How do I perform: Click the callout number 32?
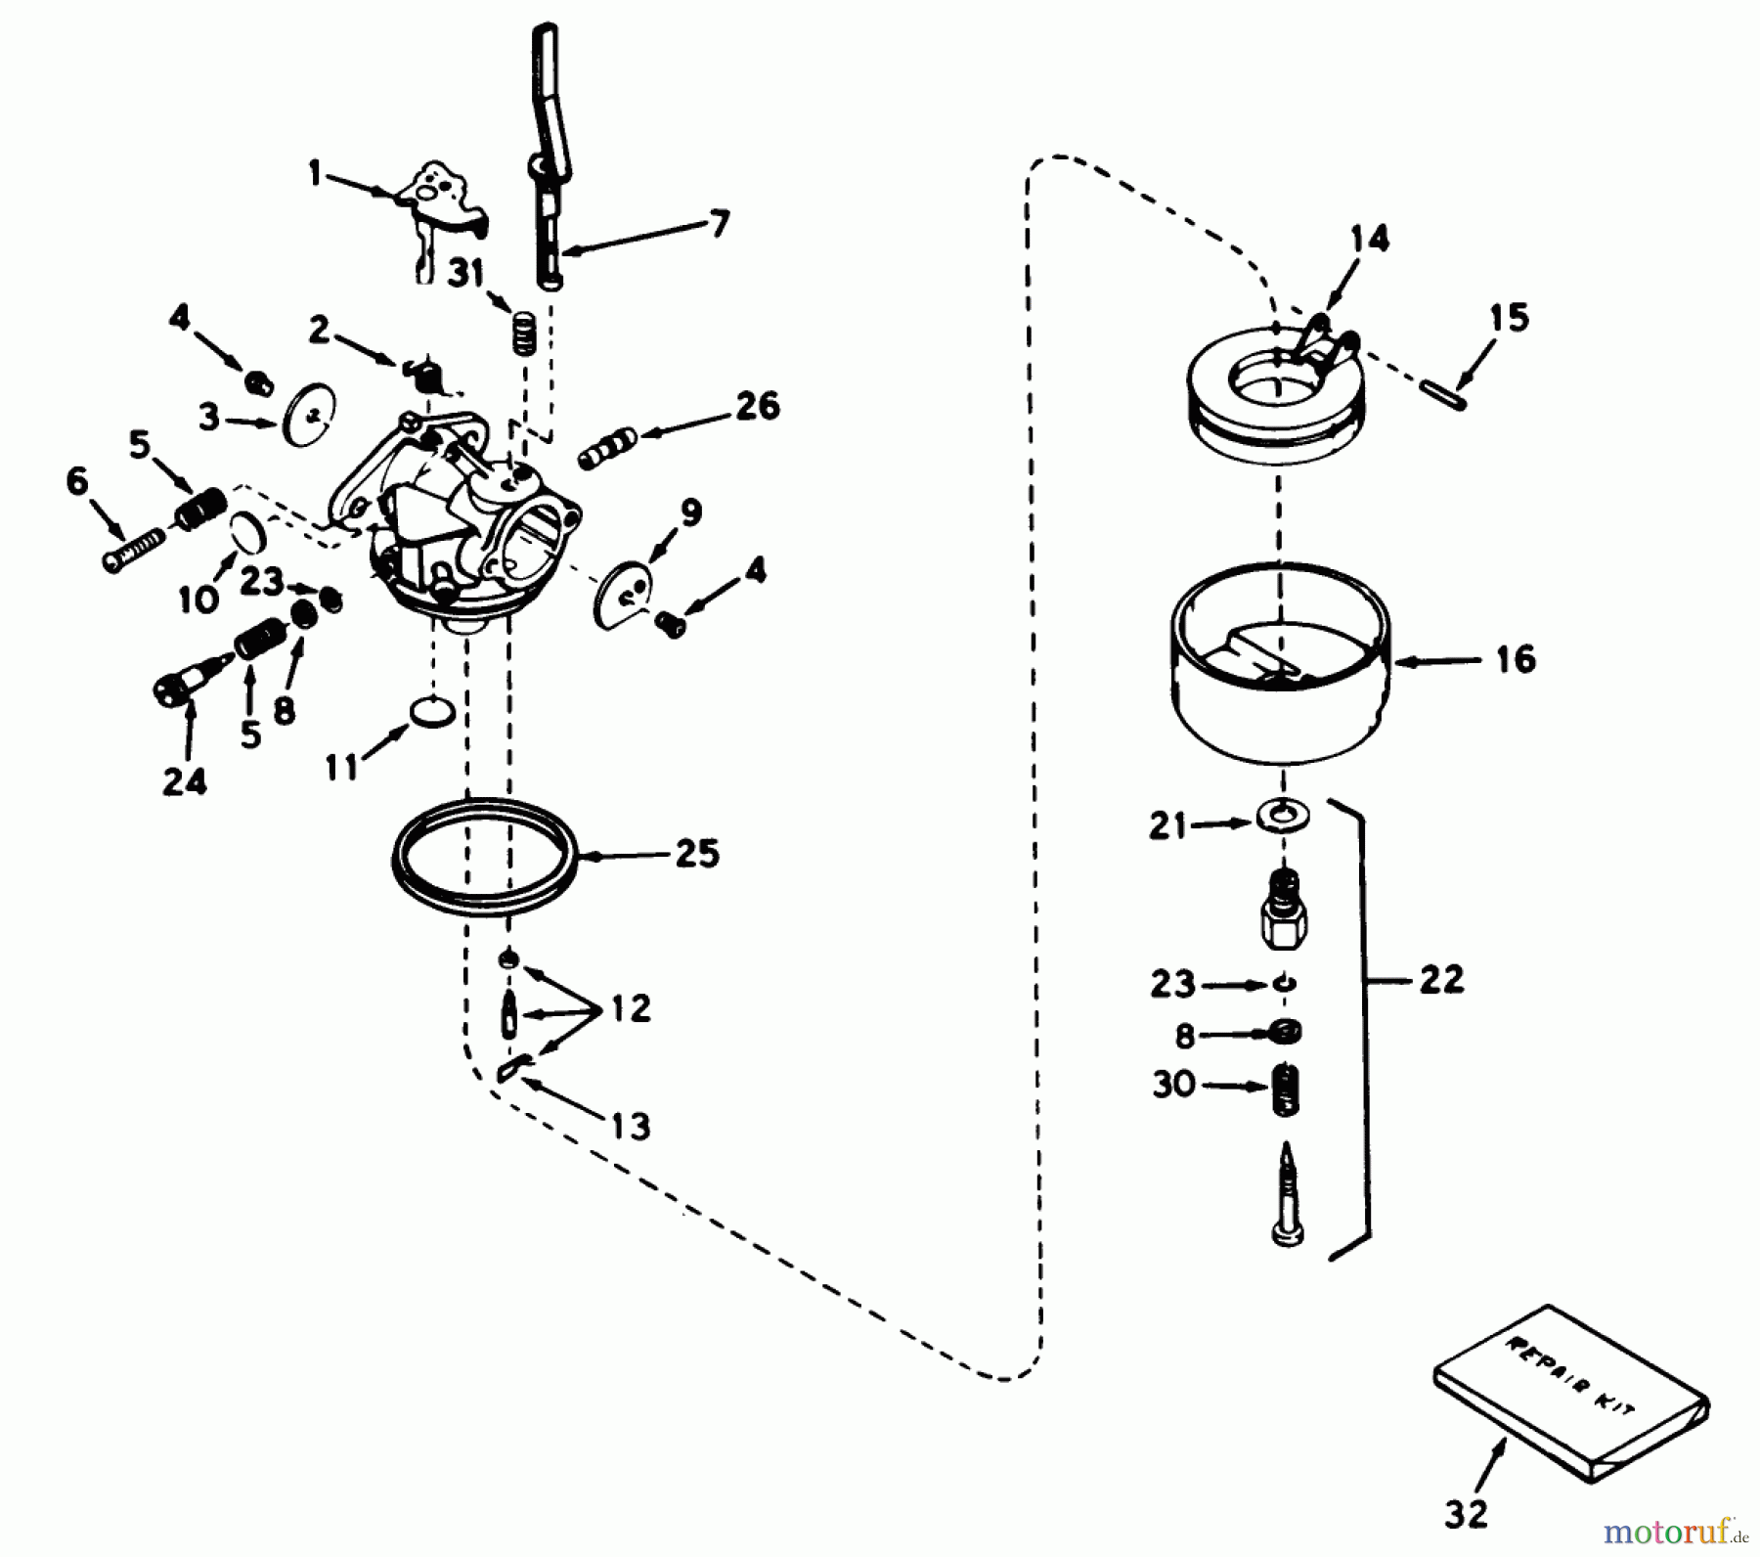1466,1514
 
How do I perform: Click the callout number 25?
696,853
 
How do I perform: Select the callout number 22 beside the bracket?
1441,978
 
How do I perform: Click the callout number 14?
1369,239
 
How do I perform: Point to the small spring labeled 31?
526,332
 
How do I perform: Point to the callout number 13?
631,1126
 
